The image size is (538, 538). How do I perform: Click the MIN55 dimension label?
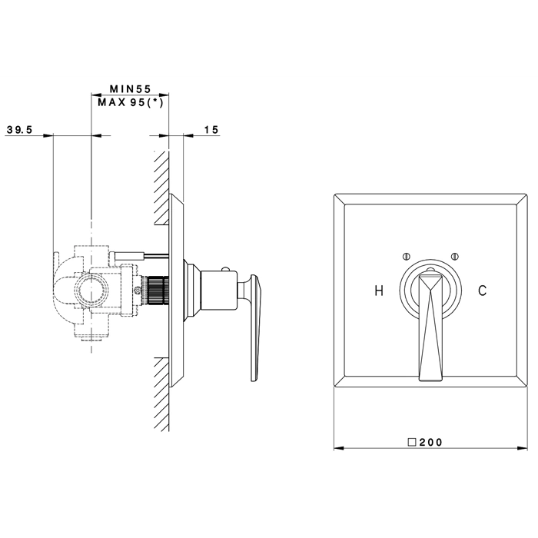click(x=131, y=89)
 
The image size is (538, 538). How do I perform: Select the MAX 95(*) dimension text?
click(x=131, y=102)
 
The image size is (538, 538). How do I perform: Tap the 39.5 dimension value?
click(x=19, y=130)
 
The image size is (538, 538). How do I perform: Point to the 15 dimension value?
click(x=211, y=130)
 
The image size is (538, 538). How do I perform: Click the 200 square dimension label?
click(x=426, y=442)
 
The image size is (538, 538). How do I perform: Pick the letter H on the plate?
click(x=379, y=291)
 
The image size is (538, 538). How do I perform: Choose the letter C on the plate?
click(x=482, y=291)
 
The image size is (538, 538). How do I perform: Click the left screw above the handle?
click(x=406, y=256)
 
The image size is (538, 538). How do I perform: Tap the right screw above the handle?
click(x=455, y=256)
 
